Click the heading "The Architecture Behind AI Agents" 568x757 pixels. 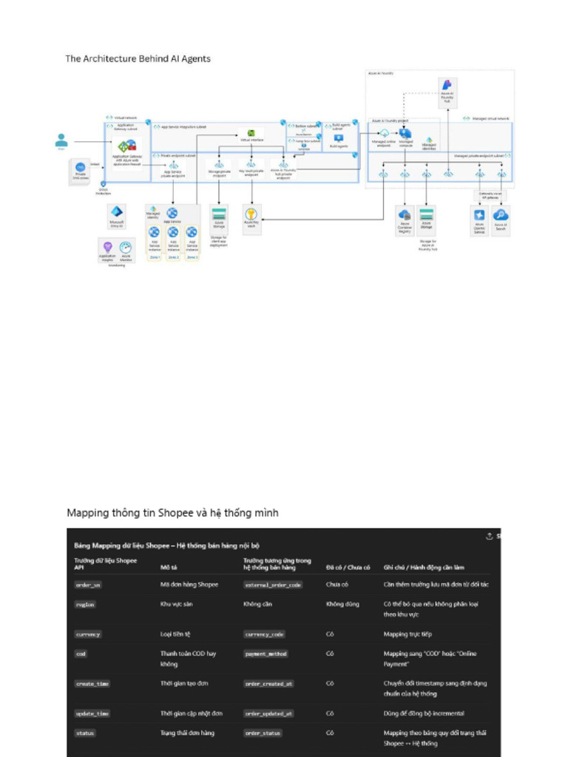pos(138,58)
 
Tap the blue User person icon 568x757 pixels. pos(61,140)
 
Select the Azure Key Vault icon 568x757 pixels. pos(251,214)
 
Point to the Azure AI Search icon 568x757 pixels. pos(501,215)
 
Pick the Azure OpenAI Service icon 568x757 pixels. pos(479,215)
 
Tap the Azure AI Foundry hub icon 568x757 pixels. pos(447,86)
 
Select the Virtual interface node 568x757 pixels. pos(251,135)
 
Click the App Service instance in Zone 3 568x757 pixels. pos(192,234)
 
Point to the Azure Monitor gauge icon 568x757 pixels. pos(126,248)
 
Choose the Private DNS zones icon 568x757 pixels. pos(79,171)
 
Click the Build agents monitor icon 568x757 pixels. pos(339,138)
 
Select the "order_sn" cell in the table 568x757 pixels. pos(88,585)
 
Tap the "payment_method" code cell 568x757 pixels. pos(266,654)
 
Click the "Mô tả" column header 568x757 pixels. pos(169,567)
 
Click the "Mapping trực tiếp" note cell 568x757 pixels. pos(407,634)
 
